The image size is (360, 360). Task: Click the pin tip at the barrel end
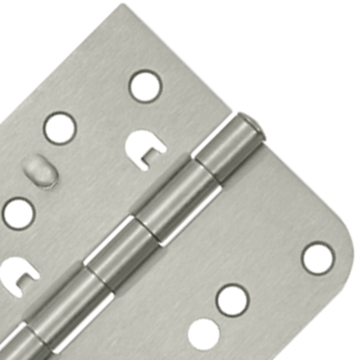coord(249,122)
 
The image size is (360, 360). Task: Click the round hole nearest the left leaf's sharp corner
coord(145,85)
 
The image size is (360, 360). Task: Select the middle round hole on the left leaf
coord(60,128)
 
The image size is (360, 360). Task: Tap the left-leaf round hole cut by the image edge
coord(16,212)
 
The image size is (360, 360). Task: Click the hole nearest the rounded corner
coord(317,258)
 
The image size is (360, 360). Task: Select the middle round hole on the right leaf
coord(232,299)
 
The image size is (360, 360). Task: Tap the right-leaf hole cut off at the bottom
coord(203,334)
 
